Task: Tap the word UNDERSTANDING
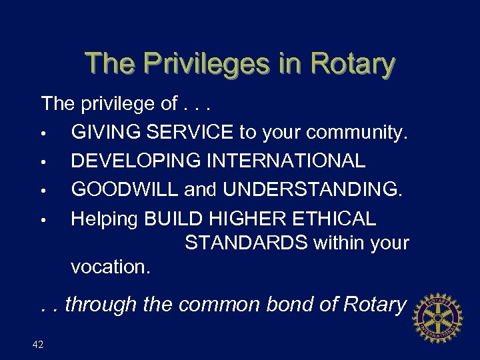(313, 190)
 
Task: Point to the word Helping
(105, 219)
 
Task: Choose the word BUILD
(175, 219)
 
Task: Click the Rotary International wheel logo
(438, 317)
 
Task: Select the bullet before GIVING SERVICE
(43, 133)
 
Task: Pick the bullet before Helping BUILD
(43, 219)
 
